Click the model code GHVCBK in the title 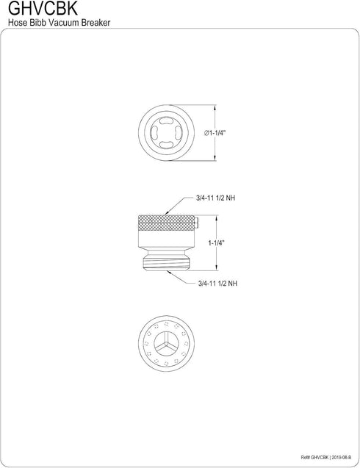pos(43,9)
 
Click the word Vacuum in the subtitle pos(64,22)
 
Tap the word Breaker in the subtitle pos(96,22)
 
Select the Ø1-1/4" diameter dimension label pos(215,133)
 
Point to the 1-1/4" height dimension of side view pos(217,243)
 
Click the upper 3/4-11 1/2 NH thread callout pos(215,198)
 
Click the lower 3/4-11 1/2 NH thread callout pos(217,284)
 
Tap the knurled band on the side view pos(166,223)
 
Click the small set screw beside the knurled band pos(196,223)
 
